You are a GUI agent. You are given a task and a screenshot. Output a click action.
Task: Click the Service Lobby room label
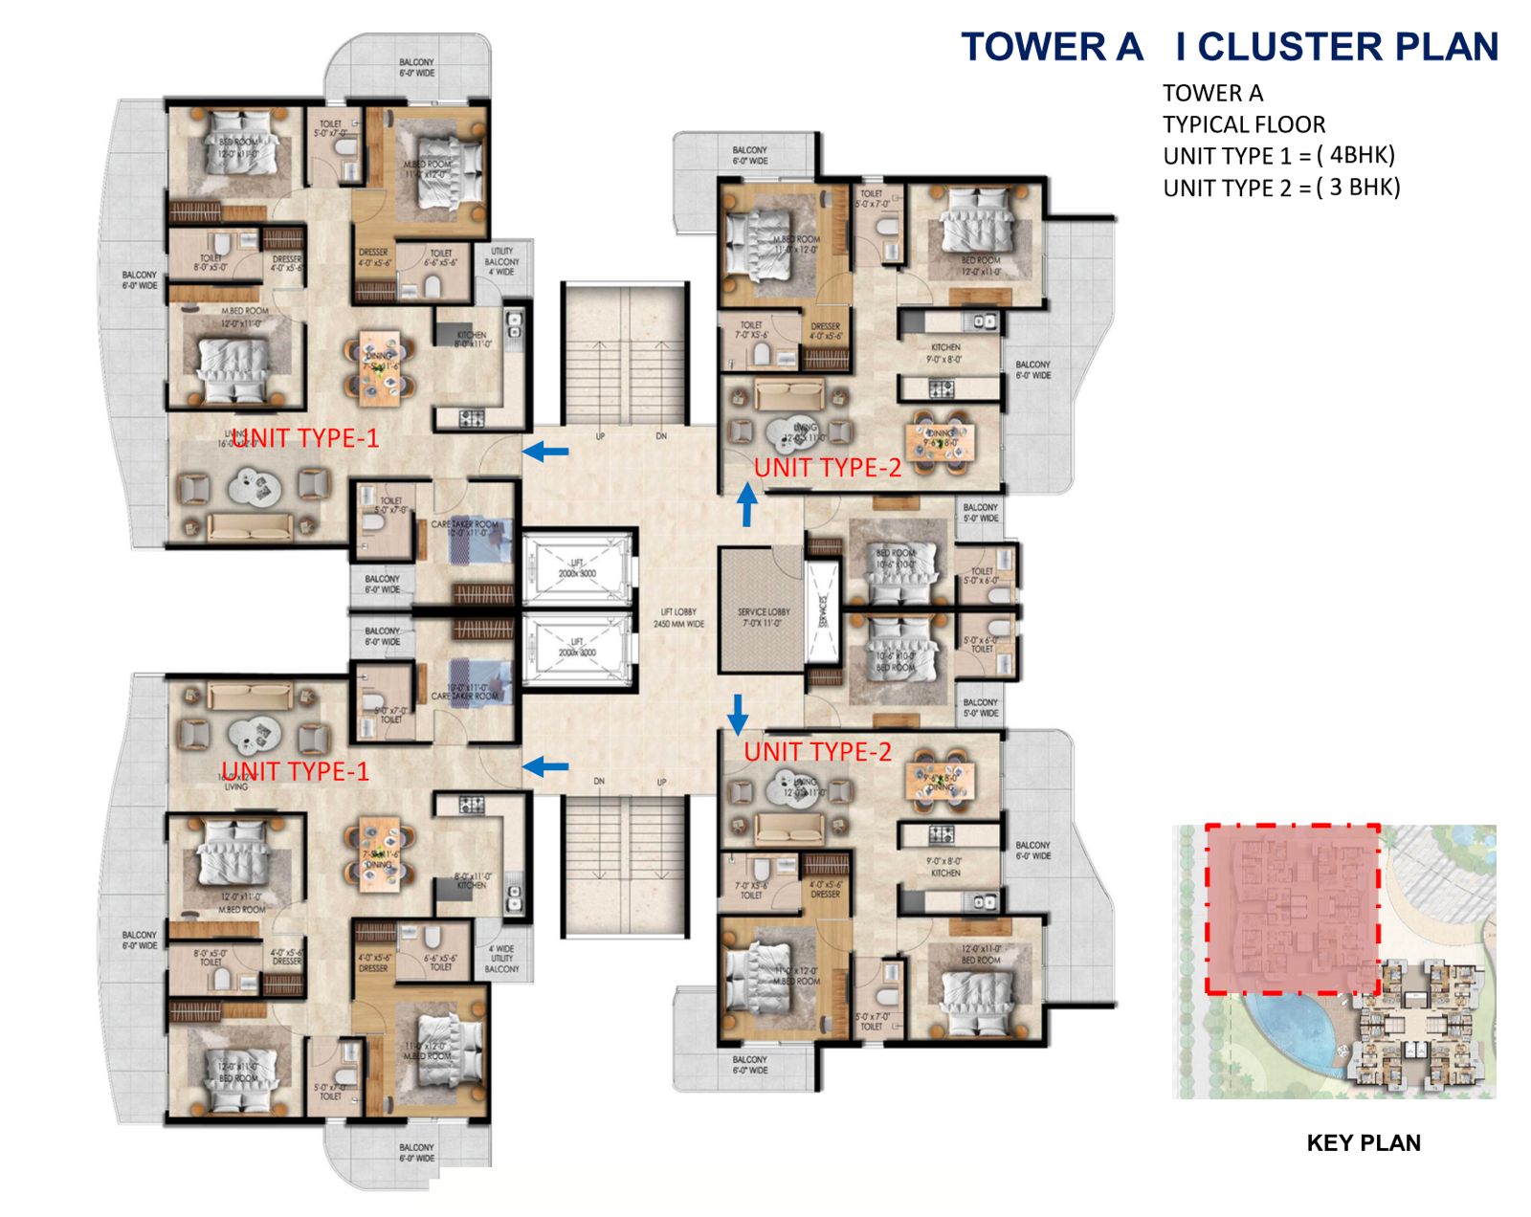[763, 617]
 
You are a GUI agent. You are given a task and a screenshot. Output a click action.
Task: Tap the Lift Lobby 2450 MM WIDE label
[678, 618]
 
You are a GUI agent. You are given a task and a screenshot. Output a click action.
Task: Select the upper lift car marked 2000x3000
[577, 568]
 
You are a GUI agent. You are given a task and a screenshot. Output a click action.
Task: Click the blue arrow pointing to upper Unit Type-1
[545, 451]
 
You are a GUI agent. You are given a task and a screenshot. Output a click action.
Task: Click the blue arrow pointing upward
[746, 504]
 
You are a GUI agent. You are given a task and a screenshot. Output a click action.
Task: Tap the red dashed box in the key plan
[1292, 909]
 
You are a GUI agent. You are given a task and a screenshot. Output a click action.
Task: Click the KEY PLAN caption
[1363, 1142]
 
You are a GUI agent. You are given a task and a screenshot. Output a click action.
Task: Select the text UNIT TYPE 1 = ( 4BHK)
[1278, 156]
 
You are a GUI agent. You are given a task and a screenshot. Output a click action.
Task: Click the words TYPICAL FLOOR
[1244, 124]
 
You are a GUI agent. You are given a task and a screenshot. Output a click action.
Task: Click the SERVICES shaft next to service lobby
[822, 612]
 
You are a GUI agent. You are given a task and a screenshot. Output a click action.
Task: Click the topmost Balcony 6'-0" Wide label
[416, 67]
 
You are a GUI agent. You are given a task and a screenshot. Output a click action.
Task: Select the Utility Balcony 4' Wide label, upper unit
[501, 261]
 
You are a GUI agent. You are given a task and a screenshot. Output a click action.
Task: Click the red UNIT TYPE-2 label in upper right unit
[828, 468]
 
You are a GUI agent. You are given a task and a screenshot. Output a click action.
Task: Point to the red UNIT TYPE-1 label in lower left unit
[295, 771]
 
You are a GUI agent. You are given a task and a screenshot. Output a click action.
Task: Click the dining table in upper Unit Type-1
[381, 363]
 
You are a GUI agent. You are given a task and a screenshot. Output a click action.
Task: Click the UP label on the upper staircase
[600, 436]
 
